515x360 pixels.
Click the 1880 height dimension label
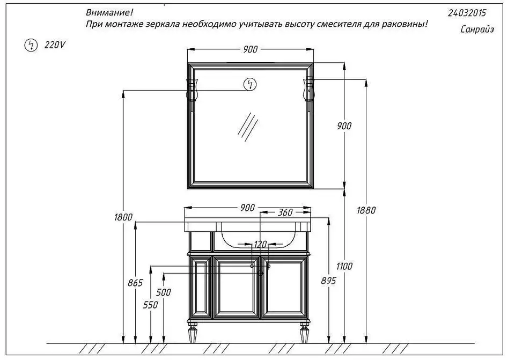[366, 210]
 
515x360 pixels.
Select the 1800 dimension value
[123, 217]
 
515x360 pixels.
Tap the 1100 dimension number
[344, 266]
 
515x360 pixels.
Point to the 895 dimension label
[328, 281]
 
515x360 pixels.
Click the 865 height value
[135, 283]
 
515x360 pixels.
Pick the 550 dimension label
[150, 305]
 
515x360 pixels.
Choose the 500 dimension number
[163, 292]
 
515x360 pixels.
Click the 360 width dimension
[285, 212]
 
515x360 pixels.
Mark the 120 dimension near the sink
[260, 244]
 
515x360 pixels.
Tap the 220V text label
[55, 45]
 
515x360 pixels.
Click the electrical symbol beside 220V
[31, 45]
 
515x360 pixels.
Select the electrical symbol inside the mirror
[250, 84]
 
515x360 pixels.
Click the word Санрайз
[477, 30]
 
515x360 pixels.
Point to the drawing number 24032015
[467, 13]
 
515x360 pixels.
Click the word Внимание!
[109, 12]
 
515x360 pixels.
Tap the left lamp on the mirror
[192, 93]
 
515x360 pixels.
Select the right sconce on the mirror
[309, 93]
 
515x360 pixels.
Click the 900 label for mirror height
[344, 126]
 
